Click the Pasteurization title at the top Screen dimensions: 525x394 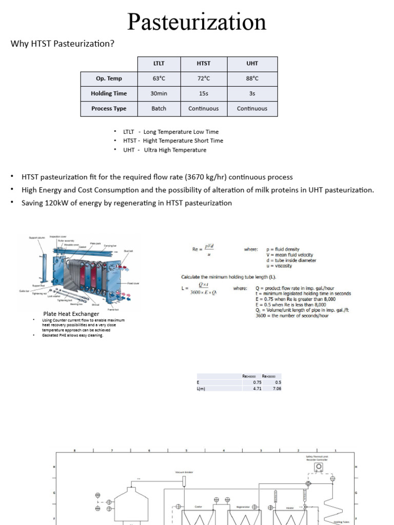197,22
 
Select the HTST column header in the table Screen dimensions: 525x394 204,64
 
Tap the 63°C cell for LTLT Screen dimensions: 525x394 159,78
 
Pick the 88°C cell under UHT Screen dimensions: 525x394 252,78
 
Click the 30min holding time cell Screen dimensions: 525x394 159,93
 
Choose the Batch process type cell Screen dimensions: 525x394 159,108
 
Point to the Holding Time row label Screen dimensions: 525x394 108,93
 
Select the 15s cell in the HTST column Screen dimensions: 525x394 204,93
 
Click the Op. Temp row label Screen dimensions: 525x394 108,78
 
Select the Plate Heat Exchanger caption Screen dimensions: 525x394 71,313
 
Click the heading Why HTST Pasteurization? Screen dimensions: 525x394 63,44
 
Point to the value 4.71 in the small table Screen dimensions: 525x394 258,389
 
